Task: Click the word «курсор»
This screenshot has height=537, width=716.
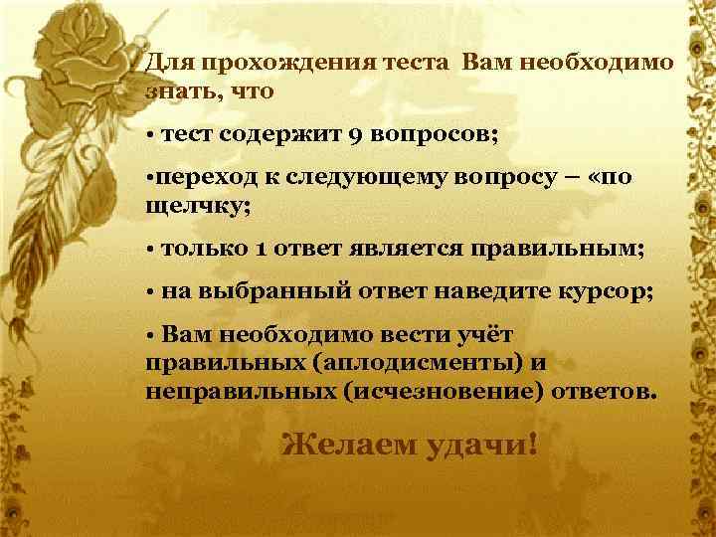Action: pos(609,291)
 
